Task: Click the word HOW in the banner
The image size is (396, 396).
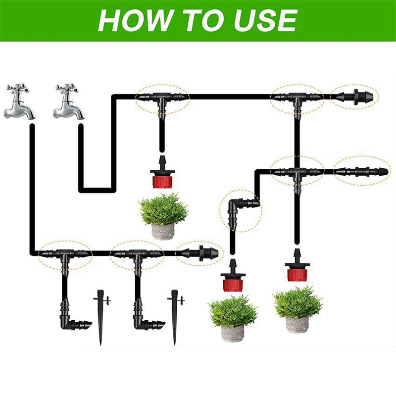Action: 129,20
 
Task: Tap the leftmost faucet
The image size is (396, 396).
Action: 20,102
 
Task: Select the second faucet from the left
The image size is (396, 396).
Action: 69,102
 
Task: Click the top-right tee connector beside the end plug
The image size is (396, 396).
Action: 297,99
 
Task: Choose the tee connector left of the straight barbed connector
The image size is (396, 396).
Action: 297,173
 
